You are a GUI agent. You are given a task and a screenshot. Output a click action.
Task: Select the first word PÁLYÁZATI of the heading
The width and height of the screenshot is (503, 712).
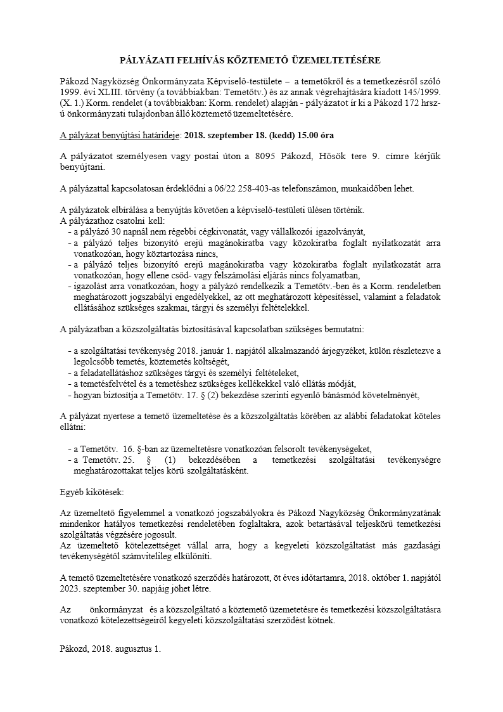tap(146, 60)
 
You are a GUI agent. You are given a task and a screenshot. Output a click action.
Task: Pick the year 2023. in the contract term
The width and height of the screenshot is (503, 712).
tap(70, 588)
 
